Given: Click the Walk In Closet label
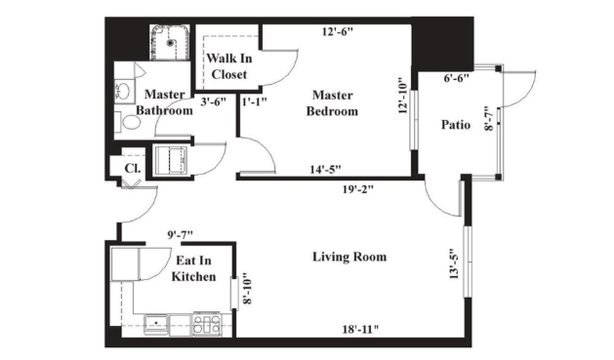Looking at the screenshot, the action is click(229, 66).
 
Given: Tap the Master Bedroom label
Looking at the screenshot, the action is click(332, 103).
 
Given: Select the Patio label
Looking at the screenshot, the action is click(456, 125).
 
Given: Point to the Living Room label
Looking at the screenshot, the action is click(349, 257).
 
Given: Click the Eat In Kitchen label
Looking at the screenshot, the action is click(193, 268).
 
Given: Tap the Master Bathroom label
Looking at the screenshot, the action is click(164, 102).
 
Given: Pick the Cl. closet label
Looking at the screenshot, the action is click(133, 168).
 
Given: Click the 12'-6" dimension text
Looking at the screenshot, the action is click(338, 31).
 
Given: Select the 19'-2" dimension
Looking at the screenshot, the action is click(358, 189).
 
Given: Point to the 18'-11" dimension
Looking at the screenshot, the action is click(360, 330).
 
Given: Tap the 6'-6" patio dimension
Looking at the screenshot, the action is click(456, 78).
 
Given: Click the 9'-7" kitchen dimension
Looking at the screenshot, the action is click(181, 235).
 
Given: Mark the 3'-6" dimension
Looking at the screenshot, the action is click(214, 101).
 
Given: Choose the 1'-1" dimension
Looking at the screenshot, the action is click(254, 101).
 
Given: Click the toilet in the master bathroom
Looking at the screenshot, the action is click(128, 122).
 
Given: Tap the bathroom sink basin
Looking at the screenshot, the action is click(124, 91).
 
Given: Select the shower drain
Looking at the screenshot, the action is click(170, 43).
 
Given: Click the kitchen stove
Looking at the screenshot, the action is click(207, 324).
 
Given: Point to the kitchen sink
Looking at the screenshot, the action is click(156, 325).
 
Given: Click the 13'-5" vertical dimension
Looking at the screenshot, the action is click(454, 264).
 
